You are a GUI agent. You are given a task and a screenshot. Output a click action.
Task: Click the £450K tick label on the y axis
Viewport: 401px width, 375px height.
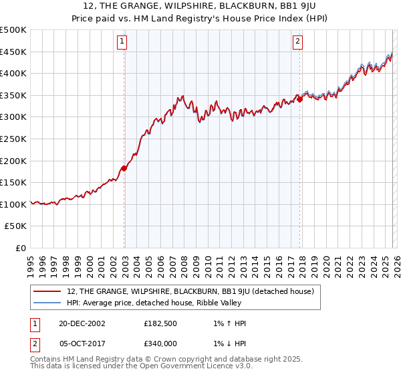coord(13,52)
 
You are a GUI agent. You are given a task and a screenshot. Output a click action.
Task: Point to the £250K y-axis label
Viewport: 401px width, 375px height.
coord(13,139)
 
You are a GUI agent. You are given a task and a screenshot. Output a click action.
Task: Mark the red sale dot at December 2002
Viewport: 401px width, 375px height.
coord(124,168)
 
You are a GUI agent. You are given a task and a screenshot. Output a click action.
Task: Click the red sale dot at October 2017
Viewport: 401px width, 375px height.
coord(299,100)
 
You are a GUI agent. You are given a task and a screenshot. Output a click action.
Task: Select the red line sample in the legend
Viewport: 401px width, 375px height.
coord(48,291)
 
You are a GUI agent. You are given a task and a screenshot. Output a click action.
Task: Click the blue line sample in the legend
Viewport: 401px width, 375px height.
coord(48,303)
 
